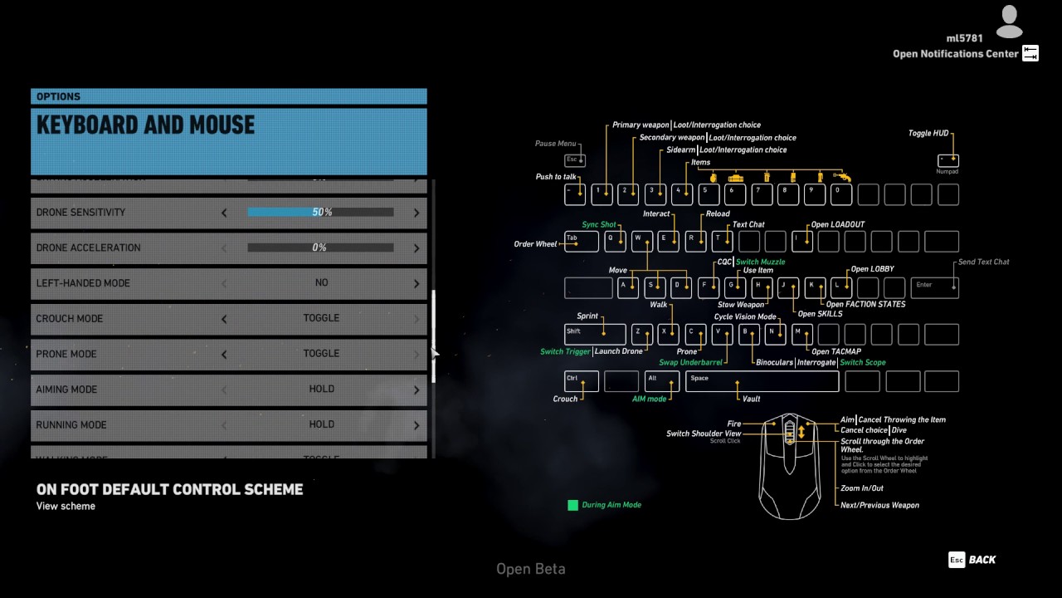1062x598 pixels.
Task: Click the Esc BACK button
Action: pyautogui.click(x=972, y=560)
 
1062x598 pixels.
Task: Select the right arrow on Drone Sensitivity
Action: pyautogui.click(x=417, y=213)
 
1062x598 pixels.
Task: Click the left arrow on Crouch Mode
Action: pyautogui.click(x=224, y=319)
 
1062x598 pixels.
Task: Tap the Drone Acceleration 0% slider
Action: pyautogui.click(x=320, y=248)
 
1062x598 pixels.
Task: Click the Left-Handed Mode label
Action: pyautogui.click(x=83, y=283)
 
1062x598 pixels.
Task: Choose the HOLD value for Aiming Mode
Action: pyautogui.click(x=321, y=389)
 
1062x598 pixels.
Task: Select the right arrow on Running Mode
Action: pyautogui.click(x=417, y=425)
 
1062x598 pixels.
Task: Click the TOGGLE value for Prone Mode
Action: pyautogui.click(x=321, y=354)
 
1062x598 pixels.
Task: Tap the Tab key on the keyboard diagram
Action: pyautogui.click(x=581, y=241)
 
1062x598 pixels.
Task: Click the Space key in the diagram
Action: pyautogui.click(x=762, y=381)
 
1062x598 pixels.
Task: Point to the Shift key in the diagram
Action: pyautogui.click(x=594, y=334)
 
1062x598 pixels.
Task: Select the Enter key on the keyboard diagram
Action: pyautogui.click(x=935, y=287)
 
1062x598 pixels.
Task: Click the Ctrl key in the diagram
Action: pyautogui.click(x=581, y=381)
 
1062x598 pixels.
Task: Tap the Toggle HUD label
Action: pyautogui.click(x=928, y=133)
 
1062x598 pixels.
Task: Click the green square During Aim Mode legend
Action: pyautogui.click(x=572, y=505)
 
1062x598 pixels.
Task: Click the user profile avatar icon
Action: pyautogui.click(x=1009, y=22)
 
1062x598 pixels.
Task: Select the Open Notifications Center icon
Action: pyautogui.click(x=1030, y=54)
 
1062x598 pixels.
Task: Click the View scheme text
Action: pyautogui.click(x=66, y=506)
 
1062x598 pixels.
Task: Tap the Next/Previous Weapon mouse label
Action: pyautogui.click(x=879, y=505)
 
